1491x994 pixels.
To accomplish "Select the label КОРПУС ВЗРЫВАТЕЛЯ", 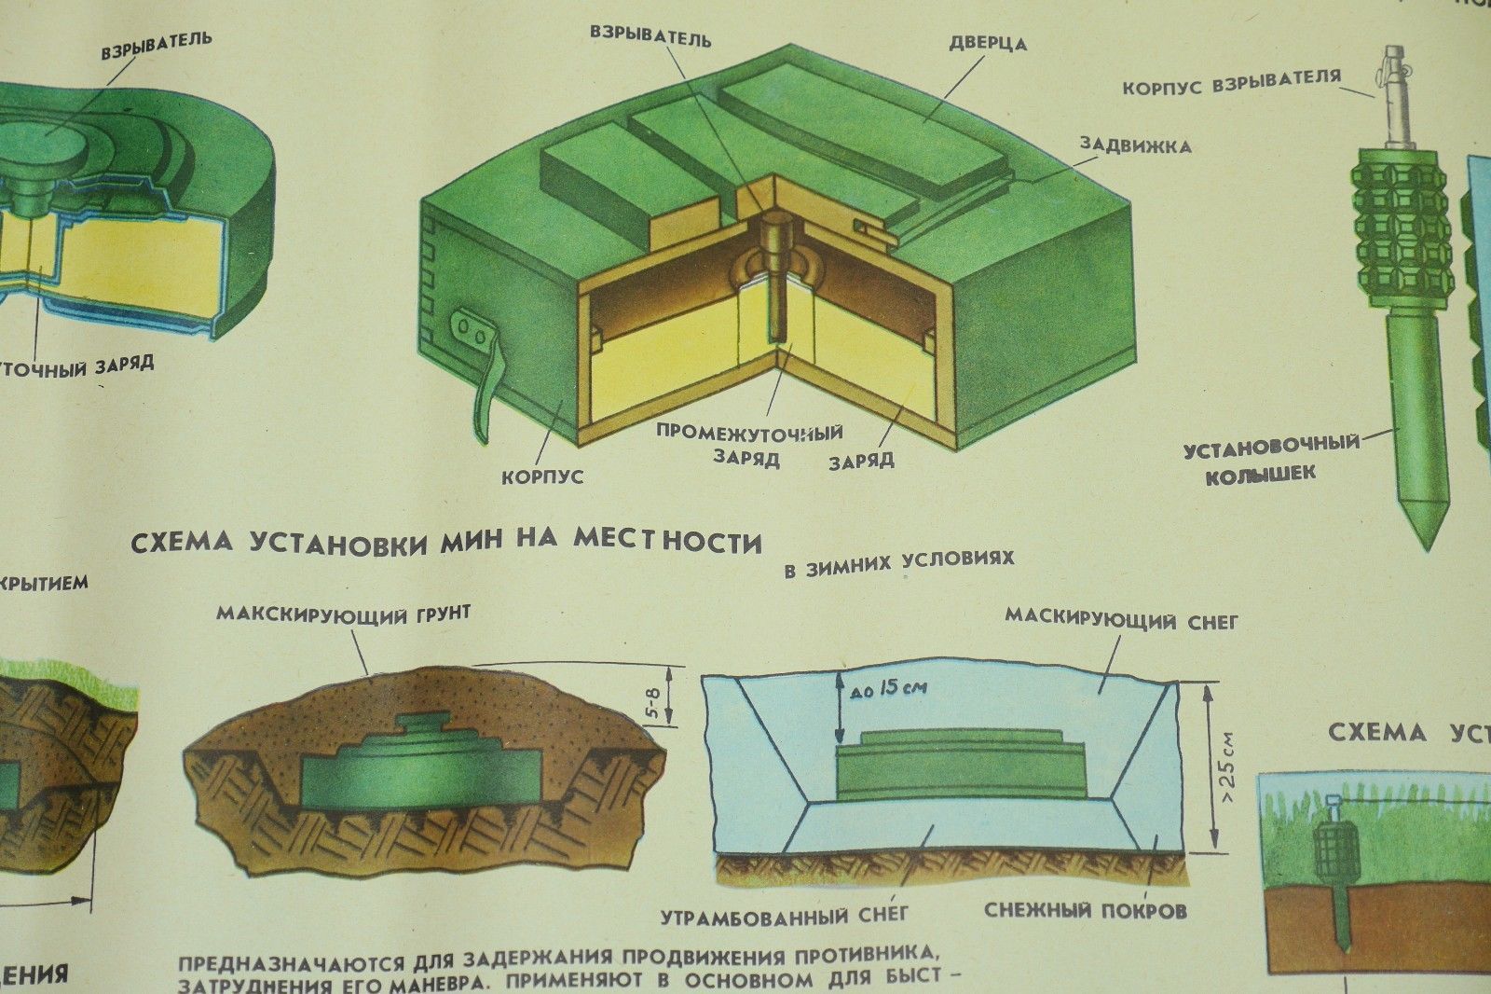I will click(1230, 83).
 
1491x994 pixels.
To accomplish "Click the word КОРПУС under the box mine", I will click(542, 477).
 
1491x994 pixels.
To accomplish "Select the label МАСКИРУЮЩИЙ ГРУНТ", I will click(343, 614).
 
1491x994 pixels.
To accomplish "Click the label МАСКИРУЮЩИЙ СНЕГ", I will click(1121, 619).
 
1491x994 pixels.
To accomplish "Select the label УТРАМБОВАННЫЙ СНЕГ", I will click(784, 916).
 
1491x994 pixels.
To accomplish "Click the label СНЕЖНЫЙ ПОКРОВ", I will click(1085, 910).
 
